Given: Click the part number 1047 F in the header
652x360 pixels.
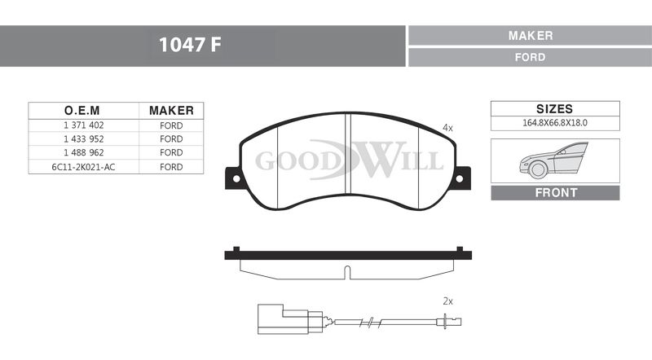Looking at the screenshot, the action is (x=190, y=45).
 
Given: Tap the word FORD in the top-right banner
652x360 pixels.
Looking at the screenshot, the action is (x=531, y=57).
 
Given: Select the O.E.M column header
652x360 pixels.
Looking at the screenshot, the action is (x=82, y=111).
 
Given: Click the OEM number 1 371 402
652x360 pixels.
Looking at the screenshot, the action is (x=84, y=125).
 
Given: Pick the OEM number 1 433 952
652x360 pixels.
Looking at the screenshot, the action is (x=84, y=138).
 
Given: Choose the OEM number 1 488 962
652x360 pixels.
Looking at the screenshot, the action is (x=84, y=152).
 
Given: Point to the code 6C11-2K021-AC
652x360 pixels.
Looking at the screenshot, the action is (x=83, y=167).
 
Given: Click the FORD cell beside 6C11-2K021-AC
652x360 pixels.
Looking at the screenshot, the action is (x=171, y=167).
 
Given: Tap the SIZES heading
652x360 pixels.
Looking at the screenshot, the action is (x=555, y=109).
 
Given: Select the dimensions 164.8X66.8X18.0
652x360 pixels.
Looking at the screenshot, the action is (x=555, y=123).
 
